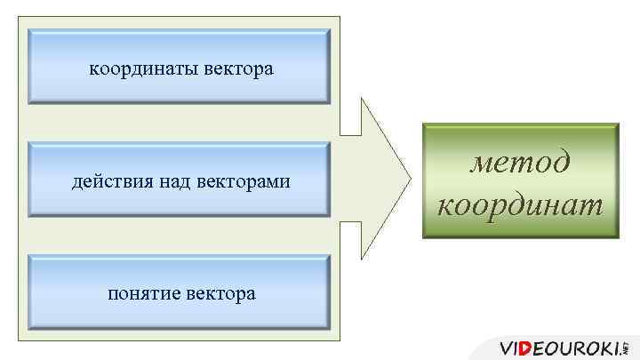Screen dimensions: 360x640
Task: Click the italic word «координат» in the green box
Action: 520,205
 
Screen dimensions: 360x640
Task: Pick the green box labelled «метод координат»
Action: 521,182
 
